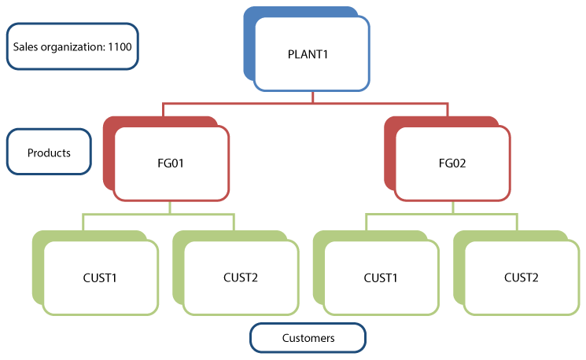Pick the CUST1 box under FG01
click(100, 277)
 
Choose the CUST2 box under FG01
click(241, 277)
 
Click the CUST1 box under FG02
click(381, 277)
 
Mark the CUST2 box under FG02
click(522, 277)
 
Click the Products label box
click(49, 152)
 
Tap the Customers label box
click(308, 338)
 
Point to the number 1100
click(120, 46)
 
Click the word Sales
click(26, 46)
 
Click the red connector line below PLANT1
click(312, 102)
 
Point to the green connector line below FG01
click(171, 214)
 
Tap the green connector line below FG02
click(453, 214)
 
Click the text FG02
click(453, 163)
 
